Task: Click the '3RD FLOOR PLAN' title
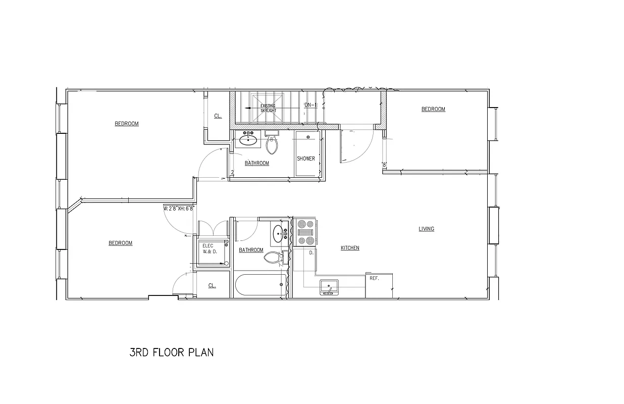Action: [x=172, y=352]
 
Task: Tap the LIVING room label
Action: [x=426, y=229]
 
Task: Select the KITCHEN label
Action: [x=350, y=248]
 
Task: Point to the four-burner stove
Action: [x=305, y=232]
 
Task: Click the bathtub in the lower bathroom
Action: [x=258, y=285]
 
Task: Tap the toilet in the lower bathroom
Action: [x=273, y=258]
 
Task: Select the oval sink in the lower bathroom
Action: [x=279, y=233]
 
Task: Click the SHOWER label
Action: [x=305, y=159]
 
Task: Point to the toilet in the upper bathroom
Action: [x=272, y=144]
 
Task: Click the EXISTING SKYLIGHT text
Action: [x=268, y=108]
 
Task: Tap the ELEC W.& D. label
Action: [x=210, y=248]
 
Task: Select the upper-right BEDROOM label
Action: [x=433, y=109]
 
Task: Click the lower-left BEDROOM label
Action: [x=120, y=243]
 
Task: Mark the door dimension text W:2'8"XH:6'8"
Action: [x=179, y=208]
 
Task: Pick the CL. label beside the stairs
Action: [x=218, y=116]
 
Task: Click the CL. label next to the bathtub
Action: [x=212, y=286]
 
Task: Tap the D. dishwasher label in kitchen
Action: [x=311, y=252]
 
